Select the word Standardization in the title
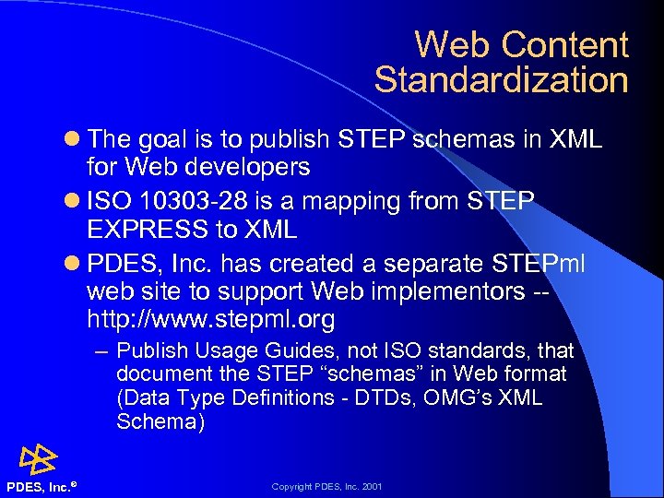[x=501, y=80]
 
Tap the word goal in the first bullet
[x=172, y=140]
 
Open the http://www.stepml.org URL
[x=210, y=320]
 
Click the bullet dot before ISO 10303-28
[x=74, y=201]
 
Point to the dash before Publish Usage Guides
[x=102, y=352]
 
